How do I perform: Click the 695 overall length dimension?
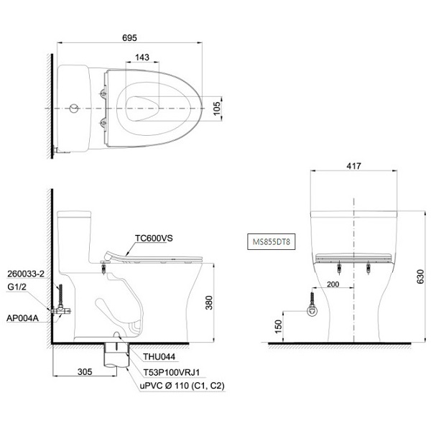pyautogui.click(x=129, y=37)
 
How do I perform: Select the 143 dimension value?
pyautogui.click(x=142, y=57)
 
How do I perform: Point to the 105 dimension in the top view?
pyautogui.click(x=217, y=108)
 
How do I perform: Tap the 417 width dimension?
pyautogui.click(x=353, y=166)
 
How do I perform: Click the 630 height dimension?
pyautogui.click(x=420, y=277)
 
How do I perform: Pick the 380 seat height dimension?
pyautogui.click(x=209, y=303)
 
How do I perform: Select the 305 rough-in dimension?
pyautogui.click(x=85, y=371)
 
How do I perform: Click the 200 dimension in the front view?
pyautogui.click(x=333, y=284)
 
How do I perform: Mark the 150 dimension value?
pyautogui.click(x=279, y=327)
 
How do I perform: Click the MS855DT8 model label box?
pyautogui.click(x=272, y=242)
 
